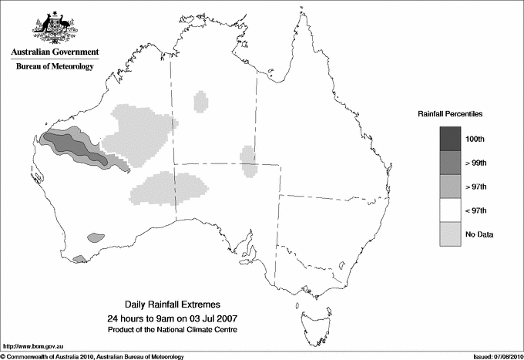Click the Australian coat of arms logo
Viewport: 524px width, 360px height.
click(54, 28)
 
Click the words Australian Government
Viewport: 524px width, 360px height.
click(55, 52)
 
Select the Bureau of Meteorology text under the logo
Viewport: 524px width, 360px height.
click(55, 67)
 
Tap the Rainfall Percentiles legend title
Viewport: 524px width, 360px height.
click(450, 113)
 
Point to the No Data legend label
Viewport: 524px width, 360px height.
click(478, 234)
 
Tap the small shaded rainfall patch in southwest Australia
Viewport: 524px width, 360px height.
click(96, 237)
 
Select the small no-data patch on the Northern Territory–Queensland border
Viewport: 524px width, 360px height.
click(249, 161)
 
